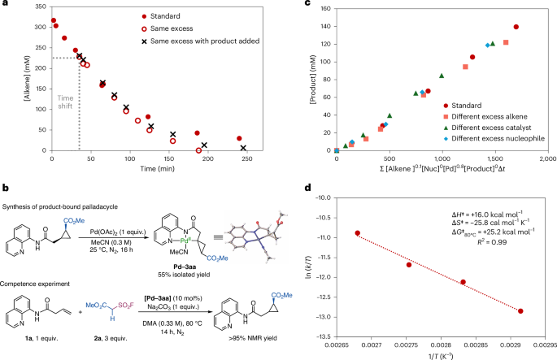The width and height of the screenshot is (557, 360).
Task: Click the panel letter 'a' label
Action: (5, 6)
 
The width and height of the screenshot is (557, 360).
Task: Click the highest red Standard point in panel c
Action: (516, 27)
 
